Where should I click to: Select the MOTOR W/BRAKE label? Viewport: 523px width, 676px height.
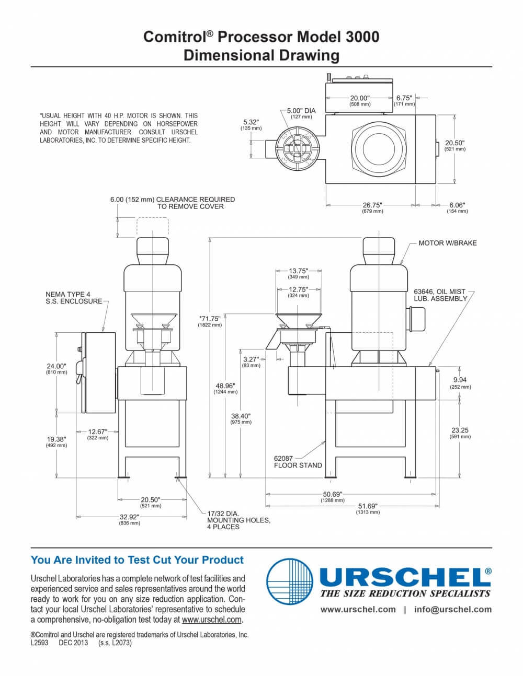coord(447,243)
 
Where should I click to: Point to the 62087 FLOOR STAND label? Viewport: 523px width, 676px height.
coord(298,462)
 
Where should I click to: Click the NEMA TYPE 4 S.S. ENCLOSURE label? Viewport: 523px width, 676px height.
coord(74,297)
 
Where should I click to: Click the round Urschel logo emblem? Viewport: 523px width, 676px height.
coord(290,582)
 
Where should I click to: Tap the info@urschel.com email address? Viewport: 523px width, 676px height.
coord(453,610)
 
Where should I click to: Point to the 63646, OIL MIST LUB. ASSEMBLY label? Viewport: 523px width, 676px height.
coord(440,295)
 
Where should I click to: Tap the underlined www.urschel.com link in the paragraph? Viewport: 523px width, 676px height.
coord(211,620)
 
